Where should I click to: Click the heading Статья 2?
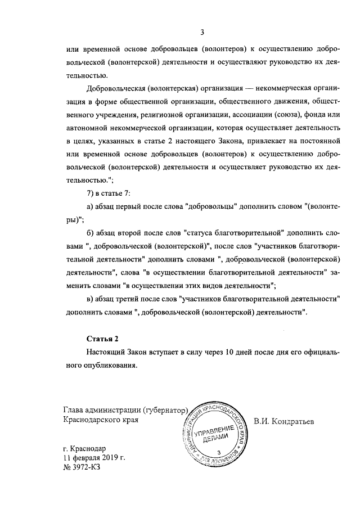[x=104, y=339]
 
